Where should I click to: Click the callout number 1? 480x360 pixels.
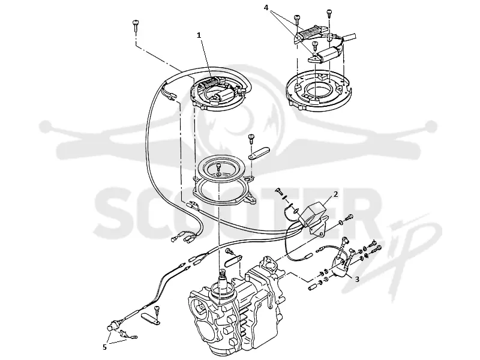click(199, 35)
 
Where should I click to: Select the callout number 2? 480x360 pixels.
click(335, 194)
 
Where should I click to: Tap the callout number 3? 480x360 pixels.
click(357, 279)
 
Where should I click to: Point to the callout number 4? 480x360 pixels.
click(266, 8)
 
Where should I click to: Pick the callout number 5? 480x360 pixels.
click(104, 347)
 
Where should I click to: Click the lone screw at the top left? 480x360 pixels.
click(136, 25)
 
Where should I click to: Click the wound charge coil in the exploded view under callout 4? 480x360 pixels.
click(311, 33)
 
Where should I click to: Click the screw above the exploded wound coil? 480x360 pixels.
click(297, 20)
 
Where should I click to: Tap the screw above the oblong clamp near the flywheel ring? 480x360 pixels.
click(251, 139)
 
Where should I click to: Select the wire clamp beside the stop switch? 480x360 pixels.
click(151, 319)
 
